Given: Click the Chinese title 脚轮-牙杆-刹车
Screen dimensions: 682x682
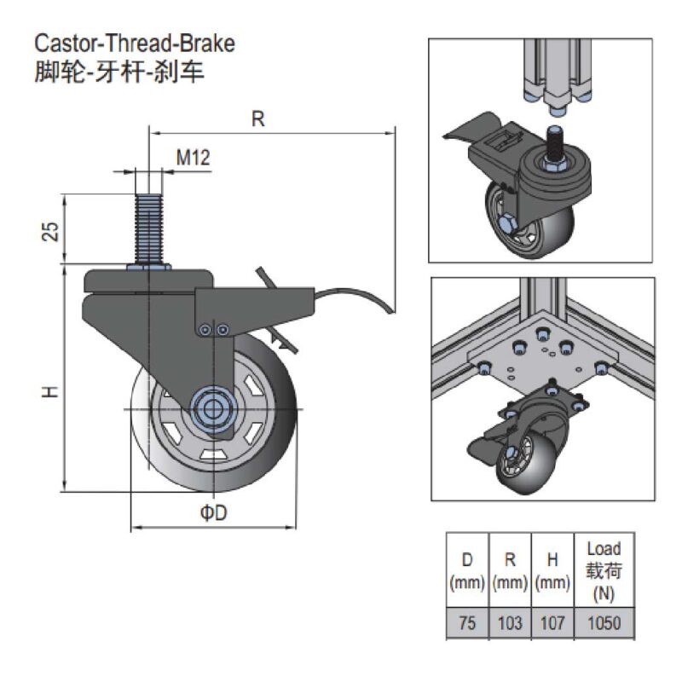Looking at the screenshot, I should coord(119,71).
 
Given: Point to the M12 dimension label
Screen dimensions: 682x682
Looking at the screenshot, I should coord(194,158).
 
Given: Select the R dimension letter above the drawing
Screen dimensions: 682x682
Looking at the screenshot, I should coord(258,118).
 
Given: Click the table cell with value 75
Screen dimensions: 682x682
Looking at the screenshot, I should coord(467,623).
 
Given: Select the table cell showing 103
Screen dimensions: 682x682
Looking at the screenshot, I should coord(510,623).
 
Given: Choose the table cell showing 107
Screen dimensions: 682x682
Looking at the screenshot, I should coord(552,623).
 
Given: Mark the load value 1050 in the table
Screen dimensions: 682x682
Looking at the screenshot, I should coord(604,623).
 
